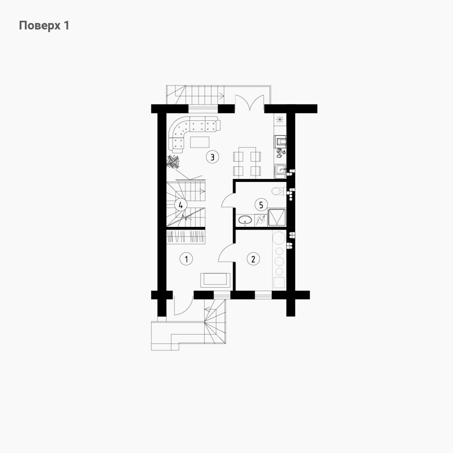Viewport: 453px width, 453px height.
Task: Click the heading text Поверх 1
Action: pos(44,26)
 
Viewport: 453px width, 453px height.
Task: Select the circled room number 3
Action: pos(212,157)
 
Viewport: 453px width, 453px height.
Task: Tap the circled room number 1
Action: pos(186,259)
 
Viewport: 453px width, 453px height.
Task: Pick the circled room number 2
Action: pos(253,259)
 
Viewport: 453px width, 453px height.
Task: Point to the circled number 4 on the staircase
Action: pos(181,205)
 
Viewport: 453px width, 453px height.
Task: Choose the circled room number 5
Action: pos(261,205)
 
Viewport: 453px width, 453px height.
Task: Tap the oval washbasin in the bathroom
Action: pos(245,220)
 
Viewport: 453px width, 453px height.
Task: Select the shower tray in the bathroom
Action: pos(277,217)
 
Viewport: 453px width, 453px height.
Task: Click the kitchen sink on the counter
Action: pos(280,170)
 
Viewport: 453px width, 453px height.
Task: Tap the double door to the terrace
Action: pos(249,103)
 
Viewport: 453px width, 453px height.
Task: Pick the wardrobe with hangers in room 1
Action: pos(186,237)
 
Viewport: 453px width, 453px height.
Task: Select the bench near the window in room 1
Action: pos(216,280)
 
